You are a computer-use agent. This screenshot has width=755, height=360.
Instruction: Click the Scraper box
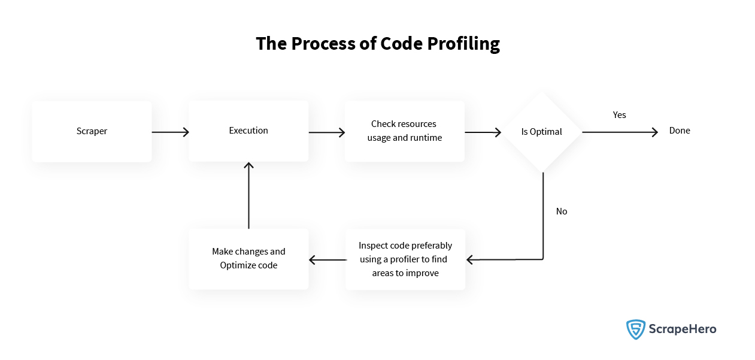(x=92, y=131)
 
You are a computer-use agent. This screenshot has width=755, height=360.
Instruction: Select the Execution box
(x=248, y=131)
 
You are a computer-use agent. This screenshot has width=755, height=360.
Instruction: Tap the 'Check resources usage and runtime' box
(x=405, y=131)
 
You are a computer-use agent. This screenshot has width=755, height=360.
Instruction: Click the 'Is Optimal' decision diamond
(x=542, y=132)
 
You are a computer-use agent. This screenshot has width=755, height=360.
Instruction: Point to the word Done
(x=680, y=131)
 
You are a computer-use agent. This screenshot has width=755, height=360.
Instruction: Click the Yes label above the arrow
(x=619, y=115)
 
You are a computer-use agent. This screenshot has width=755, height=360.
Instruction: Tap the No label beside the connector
(x=562, y=211)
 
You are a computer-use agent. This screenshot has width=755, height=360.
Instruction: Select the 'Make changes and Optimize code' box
(x=248, y=259)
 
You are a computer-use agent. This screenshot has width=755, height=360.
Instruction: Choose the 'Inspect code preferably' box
(x=405, y=259)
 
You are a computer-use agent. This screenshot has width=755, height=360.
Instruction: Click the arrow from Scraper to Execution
(x=170, y=132)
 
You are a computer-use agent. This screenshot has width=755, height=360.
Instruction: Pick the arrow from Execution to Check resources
(x=326, y=132)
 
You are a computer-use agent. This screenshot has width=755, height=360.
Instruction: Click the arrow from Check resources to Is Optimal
(x=483, y=132)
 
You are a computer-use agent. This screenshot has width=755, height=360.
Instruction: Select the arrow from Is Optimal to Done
(x=620, y=132)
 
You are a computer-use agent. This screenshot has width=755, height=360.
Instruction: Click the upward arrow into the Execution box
(x=248, y=195)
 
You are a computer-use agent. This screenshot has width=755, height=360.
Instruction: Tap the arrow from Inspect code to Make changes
(x=328, y=260)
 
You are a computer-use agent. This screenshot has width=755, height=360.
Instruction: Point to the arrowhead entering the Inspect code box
(x=469, y=260)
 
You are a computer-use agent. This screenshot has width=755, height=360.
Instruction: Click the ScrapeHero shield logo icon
(x=636, y=329)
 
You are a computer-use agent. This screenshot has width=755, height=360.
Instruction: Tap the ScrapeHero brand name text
(x=683, y=329)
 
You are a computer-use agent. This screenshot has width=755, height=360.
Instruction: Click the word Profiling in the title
(x=463, y=44)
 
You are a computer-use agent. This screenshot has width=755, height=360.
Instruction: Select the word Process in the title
(x=323, y=44)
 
